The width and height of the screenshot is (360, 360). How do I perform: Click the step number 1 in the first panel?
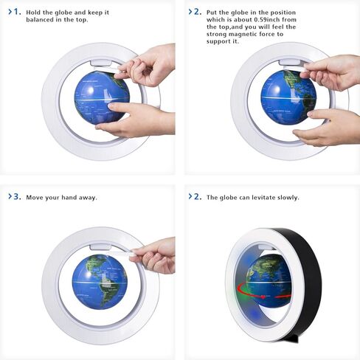pos(17,13)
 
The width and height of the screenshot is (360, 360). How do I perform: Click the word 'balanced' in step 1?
pos(43,21)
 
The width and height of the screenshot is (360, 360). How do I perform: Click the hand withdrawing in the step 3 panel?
pos(153,255)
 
